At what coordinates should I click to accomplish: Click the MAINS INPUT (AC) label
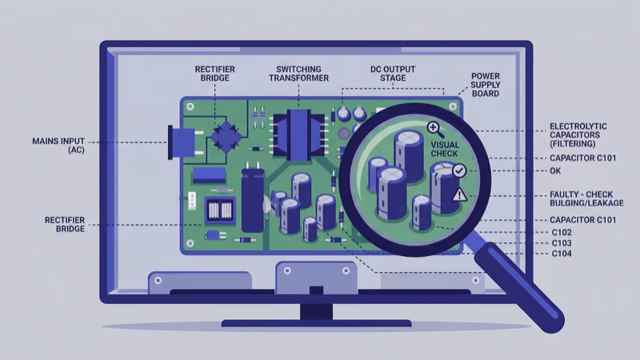(58, 145)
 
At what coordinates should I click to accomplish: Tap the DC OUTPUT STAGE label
(389, 74)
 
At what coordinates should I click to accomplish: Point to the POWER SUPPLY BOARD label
(485, 84)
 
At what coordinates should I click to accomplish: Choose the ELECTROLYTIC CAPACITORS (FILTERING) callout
(578, 134)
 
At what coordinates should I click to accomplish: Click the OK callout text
(556, 170)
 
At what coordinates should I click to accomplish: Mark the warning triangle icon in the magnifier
(458, 194)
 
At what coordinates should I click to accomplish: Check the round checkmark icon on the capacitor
(459, 170)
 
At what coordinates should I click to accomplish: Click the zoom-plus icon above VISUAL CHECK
(434, 128)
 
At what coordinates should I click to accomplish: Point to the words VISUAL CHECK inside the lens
(445, 150)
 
